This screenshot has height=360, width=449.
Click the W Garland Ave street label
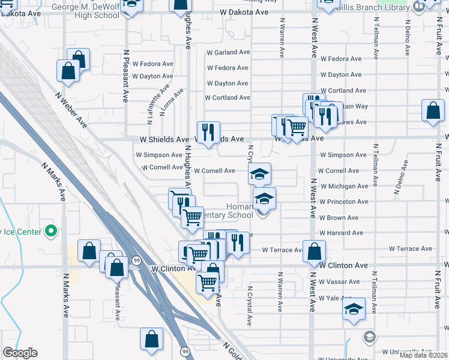point(228,52)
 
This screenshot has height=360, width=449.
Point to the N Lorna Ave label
point(171,101)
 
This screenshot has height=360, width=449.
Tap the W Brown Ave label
point(339,218)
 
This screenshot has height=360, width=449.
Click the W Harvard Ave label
point(341,233)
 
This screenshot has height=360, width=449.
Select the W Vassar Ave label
point(339,281)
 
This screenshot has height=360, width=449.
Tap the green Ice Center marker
point(51,230)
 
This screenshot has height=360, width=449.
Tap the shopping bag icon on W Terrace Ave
point(314,252)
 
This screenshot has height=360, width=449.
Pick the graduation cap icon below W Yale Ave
point(354,309)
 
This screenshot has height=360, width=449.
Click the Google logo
point(20,353)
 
